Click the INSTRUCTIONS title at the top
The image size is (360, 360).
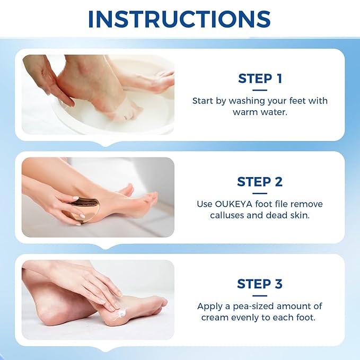180,19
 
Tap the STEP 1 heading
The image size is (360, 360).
260,79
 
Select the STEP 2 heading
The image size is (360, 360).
260,181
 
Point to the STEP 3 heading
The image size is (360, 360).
260,284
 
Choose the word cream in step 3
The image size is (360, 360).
214,318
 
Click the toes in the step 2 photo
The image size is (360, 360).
151,198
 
